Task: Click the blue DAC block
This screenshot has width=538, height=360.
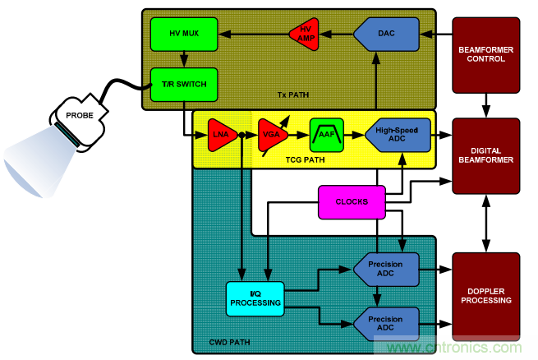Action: coord(386,34)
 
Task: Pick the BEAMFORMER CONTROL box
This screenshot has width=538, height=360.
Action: coord(486,55)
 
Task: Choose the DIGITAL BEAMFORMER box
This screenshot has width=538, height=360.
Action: coord(486,155)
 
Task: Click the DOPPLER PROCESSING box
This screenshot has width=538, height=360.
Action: coord(486,295)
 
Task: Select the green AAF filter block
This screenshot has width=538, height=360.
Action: coord(326,133)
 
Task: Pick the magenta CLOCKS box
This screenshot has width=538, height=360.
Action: coord(351,201)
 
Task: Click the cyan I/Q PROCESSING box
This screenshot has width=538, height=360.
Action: coord(255,298)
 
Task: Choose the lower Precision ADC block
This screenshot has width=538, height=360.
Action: coord(385,321)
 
